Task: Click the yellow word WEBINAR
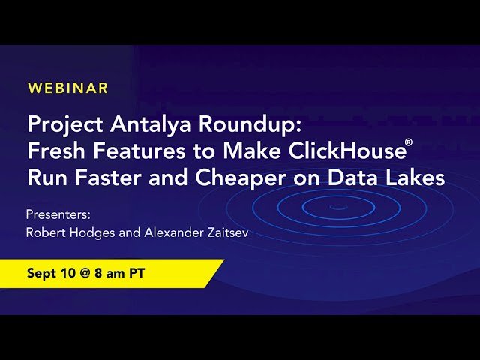click(67, 88)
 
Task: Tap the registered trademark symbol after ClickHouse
click(409, 142)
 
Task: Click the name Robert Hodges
click(67, 232)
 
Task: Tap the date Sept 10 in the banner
click(51, 273)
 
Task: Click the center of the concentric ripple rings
click(339, 207)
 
